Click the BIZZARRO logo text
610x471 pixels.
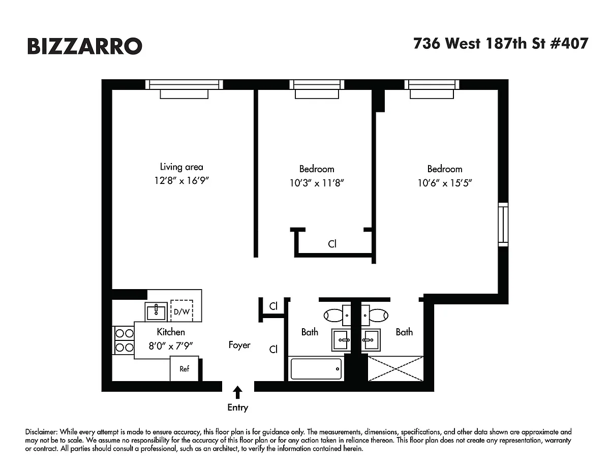[x=85, y=46]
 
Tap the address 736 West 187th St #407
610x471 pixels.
[x=501, y=44]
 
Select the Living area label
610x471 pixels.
[x=181, y=167]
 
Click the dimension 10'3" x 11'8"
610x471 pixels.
[x=317, y=183]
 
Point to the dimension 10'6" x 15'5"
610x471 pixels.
[x=445, y=183]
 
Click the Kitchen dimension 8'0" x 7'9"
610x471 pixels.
[x=171, y=346]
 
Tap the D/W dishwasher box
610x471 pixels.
[x=181, y=311]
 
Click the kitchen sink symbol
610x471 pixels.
[x=156, y=311]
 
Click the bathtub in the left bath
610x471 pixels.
[x=316, y=369]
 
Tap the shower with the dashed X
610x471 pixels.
[x=395, y=368]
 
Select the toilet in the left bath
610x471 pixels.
[x=337, y=316]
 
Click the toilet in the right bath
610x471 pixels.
[x=375, y=316]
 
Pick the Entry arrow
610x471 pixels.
[x=238, y=392]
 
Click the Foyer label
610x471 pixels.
[x=239, y=345]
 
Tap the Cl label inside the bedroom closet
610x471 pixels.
[x=332, y=244]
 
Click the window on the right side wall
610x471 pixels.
[x=503, y=225]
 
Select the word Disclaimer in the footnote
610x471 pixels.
[x=41, y=432]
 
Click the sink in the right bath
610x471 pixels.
[x=371, y=340]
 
